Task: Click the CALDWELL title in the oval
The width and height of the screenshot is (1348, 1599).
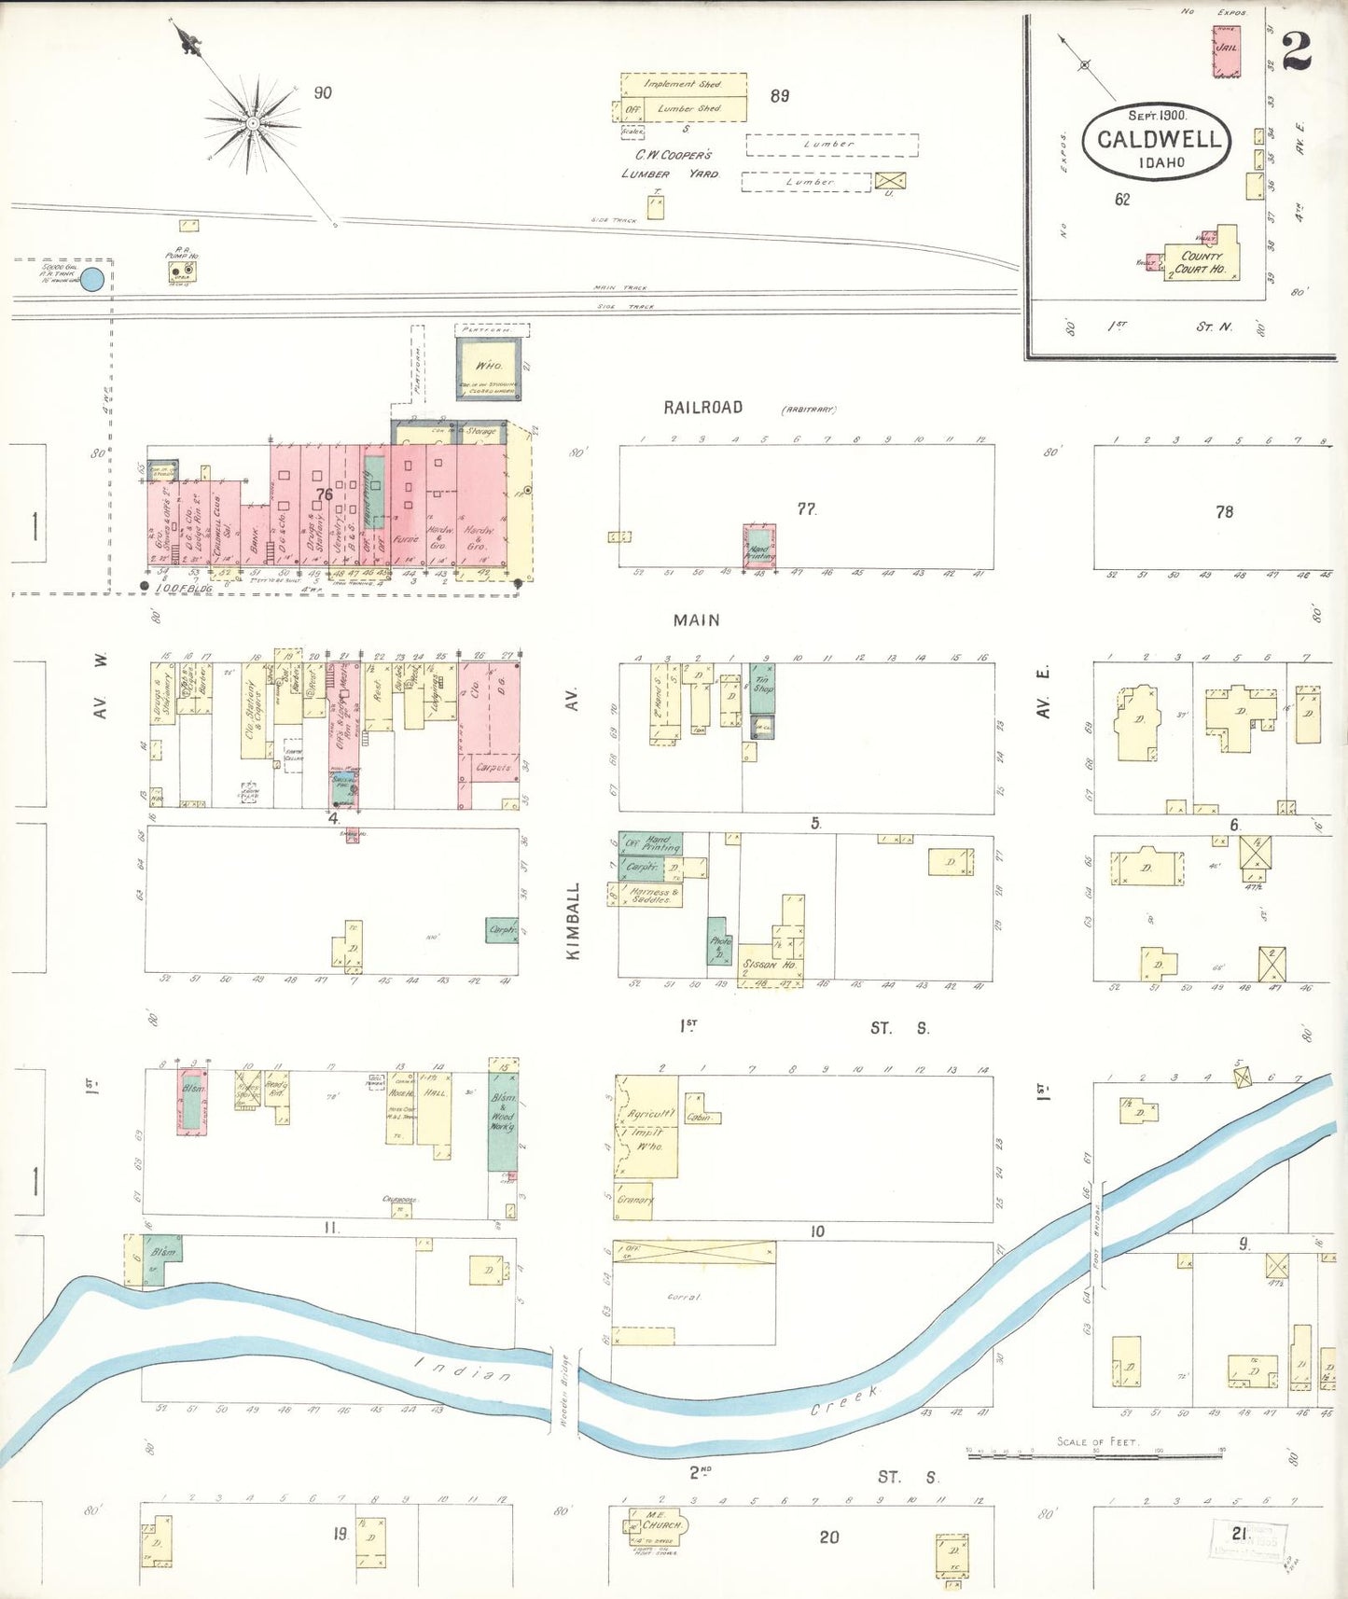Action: point(1158,140)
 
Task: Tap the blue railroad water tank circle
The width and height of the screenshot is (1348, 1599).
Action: point(91,279)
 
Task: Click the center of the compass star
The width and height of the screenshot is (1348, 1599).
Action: point(252,123)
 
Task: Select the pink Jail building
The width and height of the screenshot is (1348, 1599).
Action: point(1226,52)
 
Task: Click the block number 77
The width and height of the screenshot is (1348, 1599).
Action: point(806,508)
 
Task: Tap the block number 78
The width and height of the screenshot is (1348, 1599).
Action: point(1224,511)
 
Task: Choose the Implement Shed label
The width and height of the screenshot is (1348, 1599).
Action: point(683,84)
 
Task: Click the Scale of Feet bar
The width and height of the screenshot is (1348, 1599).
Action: point(1094,1454)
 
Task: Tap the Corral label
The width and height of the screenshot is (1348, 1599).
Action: point(683,1297)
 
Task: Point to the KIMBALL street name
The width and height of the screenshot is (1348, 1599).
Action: point(574,921)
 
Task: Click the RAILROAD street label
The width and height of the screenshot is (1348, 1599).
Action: point(702,408)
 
